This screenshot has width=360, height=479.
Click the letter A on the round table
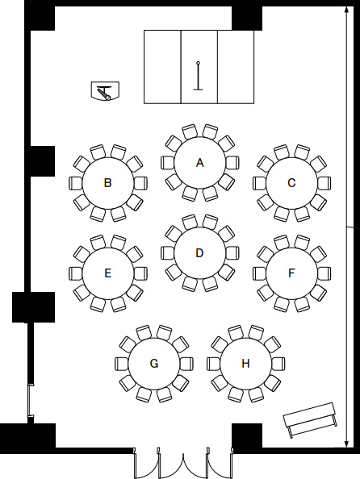pos(199,163)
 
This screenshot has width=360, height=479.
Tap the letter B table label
pos(107,183)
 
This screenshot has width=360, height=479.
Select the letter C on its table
pos(291,183)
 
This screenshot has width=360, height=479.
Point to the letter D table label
pos(199,253)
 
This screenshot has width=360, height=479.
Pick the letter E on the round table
pos(107,273)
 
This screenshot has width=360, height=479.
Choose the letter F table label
pos(291,273)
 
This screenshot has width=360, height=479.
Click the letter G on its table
pos(154,364)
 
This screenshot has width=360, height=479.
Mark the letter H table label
pos(245,364)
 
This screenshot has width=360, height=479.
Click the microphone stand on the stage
pos(199,76)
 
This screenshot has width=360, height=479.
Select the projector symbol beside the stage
pos(105,91)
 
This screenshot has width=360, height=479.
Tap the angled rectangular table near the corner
pos(310,419)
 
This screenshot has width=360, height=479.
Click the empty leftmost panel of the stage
pos(162,67)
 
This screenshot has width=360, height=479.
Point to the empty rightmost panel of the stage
pos(236,67)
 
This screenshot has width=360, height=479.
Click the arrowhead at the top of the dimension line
pos(346,10)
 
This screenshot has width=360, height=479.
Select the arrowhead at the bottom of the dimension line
pos(346,444)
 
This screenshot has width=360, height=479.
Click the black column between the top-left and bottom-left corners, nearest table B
pos(43,161)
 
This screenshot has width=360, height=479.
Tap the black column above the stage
pos(247,18)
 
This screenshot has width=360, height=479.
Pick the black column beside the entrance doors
pos(247,435)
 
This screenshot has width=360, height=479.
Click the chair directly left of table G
pos(121,364)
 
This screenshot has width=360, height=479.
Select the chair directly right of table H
pos(278,364)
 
